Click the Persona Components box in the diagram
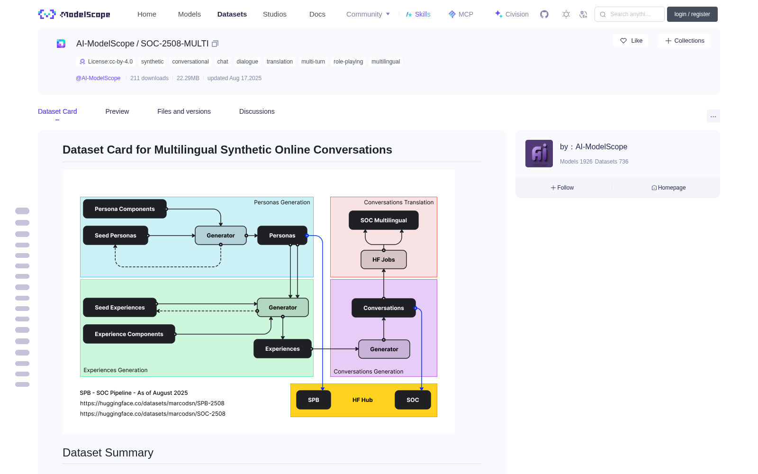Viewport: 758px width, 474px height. click(125, 209)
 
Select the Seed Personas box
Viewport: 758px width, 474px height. click(116, 235)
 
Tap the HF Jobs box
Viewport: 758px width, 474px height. click(383, 260)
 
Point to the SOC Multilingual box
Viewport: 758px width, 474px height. click(383, 220)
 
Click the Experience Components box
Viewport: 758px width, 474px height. click(129, 334)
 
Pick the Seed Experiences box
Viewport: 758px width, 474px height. click(120, 308)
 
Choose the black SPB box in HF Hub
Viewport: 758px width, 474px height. click(313, 400)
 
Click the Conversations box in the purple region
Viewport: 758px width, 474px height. click(383, 308)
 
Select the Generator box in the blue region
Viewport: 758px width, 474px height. click(221, 235)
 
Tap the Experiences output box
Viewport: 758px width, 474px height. click(282, 349)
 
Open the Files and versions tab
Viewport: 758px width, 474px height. click(184, 111)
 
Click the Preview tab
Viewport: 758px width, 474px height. click(117, 111)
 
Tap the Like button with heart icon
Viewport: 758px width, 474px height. click(631, 41)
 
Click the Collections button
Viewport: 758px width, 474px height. click(684, 41)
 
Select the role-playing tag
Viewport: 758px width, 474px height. click(348, 62)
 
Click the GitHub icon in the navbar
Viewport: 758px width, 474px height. click(544, 14)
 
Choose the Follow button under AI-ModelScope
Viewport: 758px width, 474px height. click(562, 188)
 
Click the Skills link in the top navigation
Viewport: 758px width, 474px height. click(418, 14)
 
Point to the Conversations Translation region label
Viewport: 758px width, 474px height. click(398, 202)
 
